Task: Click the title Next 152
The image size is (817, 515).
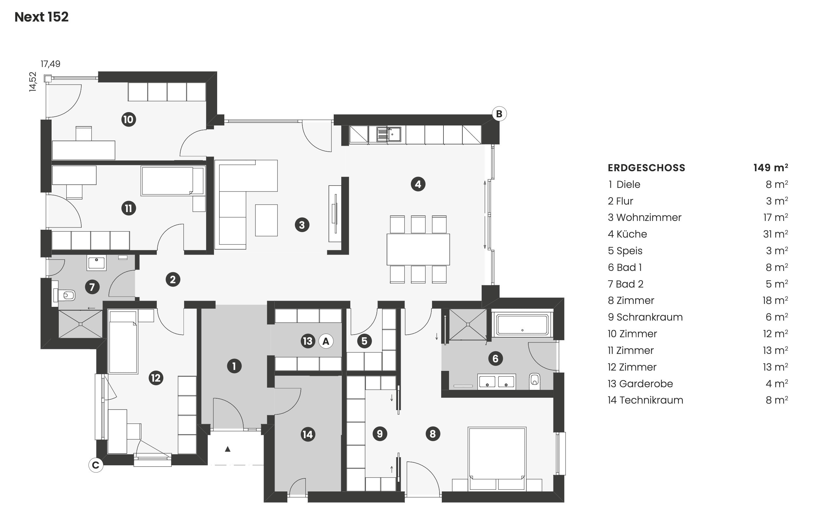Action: (x=41, y=17)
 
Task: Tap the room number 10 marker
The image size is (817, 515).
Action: (x=129, y=120)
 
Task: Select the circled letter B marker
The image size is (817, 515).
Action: (x=499, y=114)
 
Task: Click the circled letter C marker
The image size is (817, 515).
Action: (x=96, y=465)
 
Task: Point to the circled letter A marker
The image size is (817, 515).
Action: (x=326, y=341)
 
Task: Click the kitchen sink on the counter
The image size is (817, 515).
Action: (x=389, y=134)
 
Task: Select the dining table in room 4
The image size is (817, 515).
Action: (x=418, y=249)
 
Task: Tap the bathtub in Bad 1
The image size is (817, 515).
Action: (x=522, y=325)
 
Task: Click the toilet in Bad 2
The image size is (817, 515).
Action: (x=64, y=295)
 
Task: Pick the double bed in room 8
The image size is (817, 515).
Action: (x=497, y=459)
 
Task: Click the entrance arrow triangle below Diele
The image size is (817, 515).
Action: (x=228, y=449)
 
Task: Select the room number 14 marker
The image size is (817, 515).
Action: (x=308, y=435)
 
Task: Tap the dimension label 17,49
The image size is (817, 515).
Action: (x=51, y=64)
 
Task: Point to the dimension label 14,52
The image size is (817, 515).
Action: (x=33, y=81)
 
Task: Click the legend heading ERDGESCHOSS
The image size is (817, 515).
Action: (x=646, y=168)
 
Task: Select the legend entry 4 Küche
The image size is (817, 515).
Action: (x=627, y=234)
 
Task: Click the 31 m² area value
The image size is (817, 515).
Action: (x=776, y=234)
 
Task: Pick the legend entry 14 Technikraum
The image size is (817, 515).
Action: (x=645, y=400)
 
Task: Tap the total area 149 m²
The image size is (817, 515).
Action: (x=771, y=167)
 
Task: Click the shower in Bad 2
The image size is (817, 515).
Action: (x=80, y=324)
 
